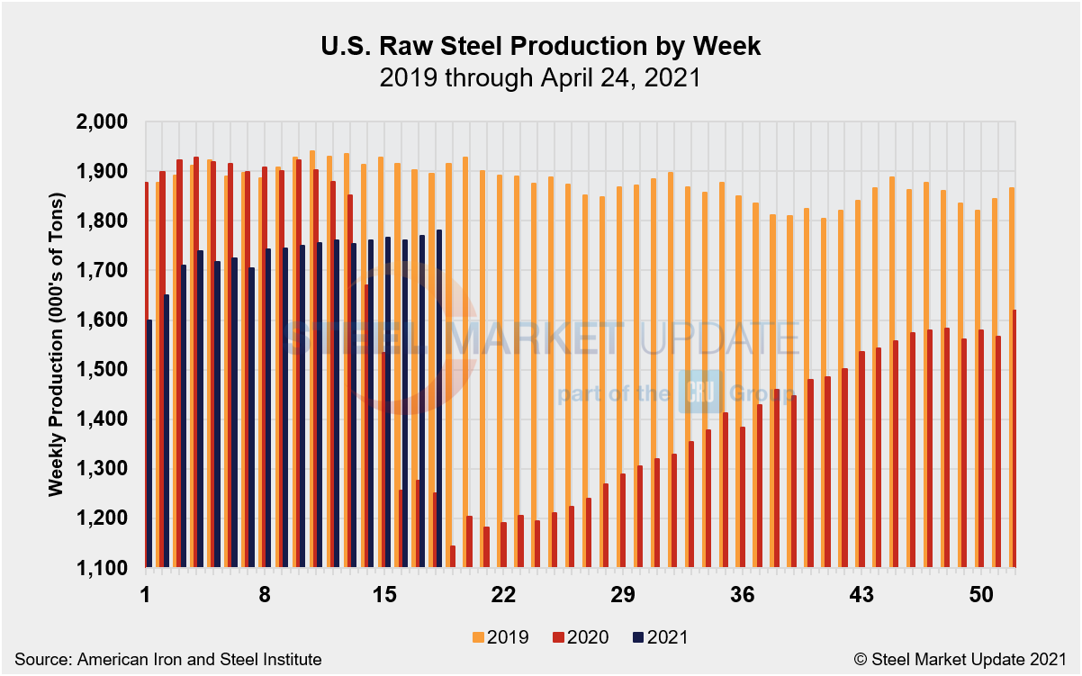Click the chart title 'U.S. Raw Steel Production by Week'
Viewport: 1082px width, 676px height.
point(540,47)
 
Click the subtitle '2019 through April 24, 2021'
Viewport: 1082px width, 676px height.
point(540,78)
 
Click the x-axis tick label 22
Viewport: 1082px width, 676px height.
point(503,595)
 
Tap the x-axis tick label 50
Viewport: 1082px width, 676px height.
point(981,595)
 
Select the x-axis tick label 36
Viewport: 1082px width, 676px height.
point(743,595)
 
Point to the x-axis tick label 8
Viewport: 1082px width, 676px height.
point(265,595)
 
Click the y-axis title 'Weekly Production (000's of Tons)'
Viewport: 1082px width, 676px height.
point(56,345)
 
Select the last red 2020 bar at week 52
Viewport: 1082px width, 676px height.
point(1014,439)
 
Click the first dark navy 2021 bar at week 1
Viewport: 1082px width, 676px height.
point(149,443)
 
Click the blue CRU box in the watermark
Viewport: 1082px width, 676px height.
point(696,392)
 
